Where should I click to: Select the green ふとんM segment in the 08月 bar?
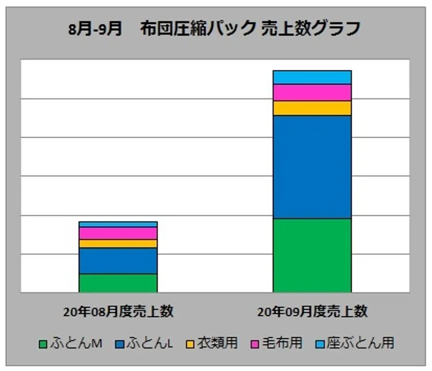(x=118, y=283)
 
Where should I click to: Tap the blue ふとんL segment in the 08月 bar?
(x=118, y=261)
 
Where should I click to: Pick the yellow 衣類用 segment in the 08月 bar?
(x=118, y=244)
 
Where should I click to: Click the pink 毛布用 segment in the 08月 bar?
(x=118, y=233)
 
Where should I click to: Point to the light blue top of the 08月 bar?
(x=118, y=225)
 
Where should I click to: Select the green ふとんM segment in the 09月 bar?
(x=312, y=255)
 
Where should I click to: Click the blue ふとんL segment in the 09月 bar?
(x=312, y=167)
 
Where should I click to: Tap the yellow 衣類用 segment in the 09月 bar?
(x=312, y=108)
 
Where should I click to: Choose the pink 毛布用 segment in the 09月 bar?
(x=312, y=92)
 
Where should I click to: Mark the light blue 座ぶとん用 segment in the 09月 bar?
(x=312, y=77)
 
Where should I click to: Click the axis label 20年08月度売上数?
(x=118, y=311)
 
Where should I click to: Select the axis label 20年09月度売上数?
(x=312, y=311)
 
